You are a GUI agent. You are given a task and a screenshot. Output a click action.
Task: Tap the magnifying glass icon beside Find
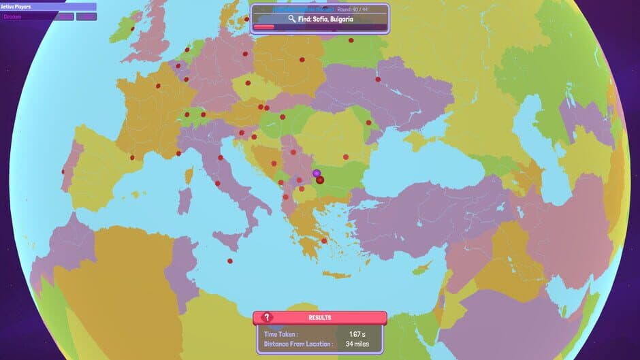[x=292, y=19]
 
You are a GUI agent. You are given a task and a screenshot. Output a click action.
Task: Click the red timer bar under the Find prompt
[x=264, y=28]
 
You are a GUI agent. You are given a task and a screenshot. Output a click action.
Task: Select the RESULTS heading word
[x=319, y=318]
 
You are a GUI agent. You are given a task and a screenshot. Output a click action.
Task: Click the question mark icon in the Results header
[x=268, y=317]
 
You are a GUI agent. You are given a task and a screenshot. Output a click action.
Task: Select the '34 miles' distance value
[x=357, y=344]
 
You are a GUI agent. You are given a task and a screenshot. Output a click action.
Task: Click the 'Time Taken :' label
[x=281, y=334]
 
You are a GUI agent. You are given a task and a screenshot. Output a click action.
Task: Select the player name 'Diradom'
[x=14, y=16]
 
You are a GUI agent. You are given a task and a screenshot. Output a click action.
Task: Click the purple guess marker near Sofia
[x=317, y=174]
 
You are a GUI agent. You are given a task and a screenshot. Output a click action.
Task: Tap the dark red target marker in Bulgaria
[x=320, y=180]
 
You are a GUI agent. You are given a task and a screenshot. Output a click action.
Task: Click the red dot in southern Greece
[x=324, y=240]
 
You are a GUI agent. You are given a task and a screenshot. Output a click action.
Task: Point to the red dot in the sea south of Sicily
[x=229, y=261]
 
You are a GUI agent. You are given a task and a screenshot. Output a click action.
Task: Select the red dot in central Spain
[x=132, y=158]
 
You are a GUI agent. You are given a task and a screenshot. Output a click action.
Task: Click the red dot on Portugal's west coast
[x=63, y=171]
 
